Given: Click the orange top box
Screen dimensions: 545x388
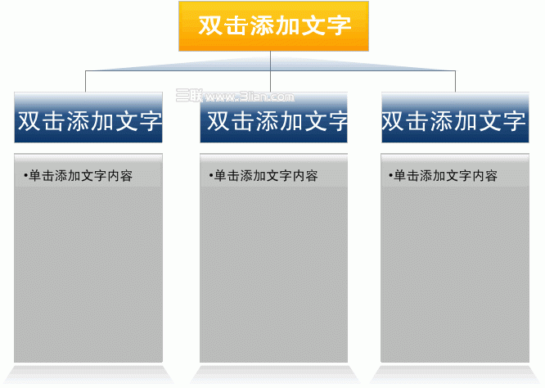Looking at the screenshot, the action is tap(273, 26).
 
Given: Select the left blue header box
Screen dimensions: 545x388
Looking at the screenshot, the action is tap(88, 118).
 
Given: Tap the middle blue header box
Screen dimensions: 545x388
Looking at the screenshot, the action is tap(273, 118).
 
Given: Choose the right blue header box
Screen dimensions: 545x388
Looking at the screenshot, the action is tap(455, 118).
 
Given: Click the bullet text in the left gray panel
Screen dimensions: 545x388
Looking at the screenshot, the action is tap(79, 176).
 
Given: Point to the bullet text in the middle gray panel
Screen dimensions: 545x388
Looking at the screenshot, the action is tap(263, 176).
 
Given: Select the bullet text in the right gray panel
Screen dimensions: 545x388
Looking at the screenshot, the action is tap(444, 176).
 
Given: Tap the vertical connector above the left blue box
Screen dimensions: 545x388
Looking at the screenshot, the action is tap(85, 81).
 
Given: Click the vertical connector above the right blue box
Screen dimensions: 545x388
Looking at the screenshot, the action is tap(455, 81).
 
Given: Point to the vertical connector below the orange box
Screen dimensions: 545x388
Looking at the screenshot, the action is tap(270, 71).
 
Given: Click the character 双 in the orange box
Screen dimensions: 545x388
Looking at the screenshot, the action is tap(210, 25).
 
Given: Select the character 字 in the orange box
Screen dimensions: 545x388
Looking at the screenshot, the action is tap(340, 25).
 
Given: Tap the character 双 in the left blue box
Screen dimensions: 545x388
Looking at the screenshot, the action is tap(30, 121).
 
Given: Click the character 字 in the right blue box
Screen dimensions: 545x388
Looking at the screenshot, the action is tap(514, 121).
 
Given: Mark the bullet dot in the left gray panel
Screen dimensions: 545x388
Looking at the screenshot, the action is tap(25, 175).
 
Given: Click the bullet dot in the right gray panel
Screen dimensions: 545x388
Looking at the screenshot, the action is tap(390, 175).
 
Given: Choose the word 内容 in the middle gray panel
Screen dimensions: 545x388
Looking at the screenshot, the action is tap(305, 176).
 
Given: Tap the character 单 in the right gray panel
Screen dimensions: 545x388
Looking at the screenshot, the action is tap(399, 176).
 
